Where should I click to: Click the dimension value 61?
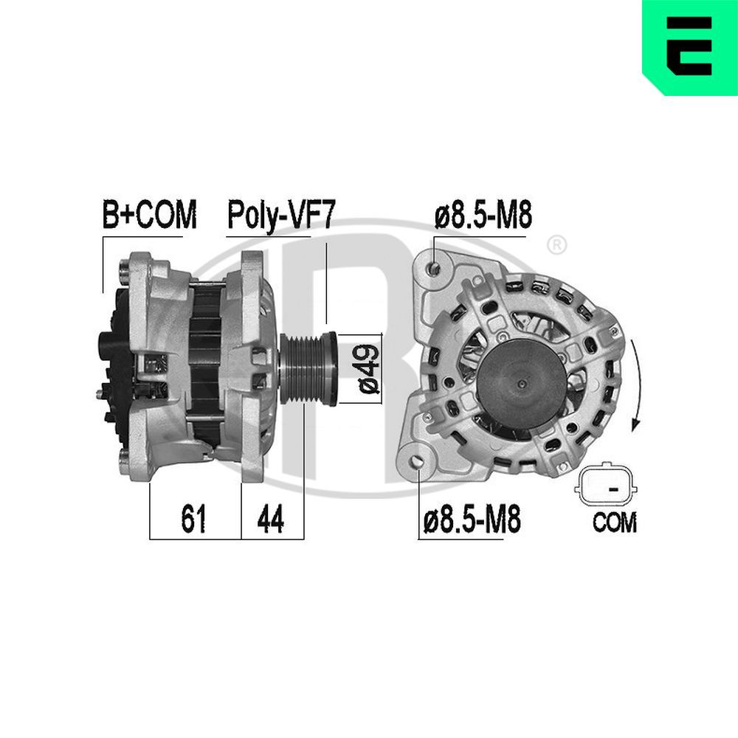pyautogui.click(x=193, y=520)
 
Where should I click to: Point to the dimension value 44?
pyautogui.click(x=270, y=520)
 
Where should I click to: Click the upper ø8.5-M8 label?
pyautogui.click(x=483, y=216)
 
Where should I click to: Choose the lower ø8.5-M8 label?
pyautogui.click(x=472, y=520)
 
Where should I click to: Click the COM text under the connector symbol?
pyautogui.click(x=614, y=523)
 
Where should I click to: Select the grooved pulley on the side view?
pyautogui.click(x=308, y=368)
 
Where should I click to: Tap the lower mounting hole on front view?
pyautogui.click(x=420, y=463)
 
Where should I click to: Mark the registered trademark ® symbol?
pyautogui.click(x=557, y=244)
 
